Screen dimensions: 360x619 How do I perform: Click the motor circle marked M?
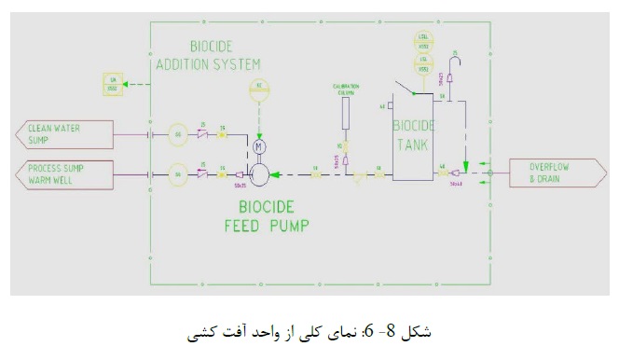coord(259,146)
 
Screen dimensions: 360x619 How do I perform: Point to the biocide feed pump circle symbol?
coord(260,173)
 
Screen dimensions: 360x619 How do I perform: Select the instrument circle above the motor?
coord(259,90)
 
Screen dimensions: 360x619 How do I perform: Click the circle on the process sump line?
coord(178,173)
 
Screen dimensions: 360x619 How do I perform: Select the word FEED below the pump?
coord(245,225)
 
